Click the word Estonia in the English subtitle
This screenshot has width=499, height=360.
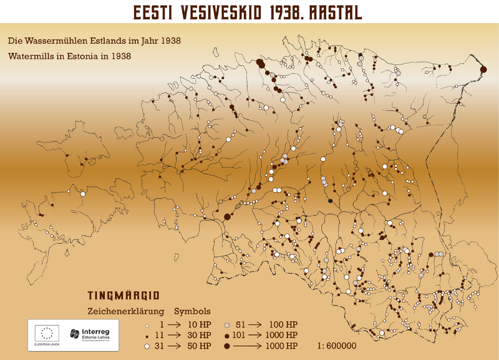tap(94, 56)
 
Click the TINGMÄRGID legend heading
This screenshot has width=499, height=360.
tap(124, 295)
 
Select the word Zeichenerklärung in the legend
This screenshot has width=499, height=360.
tap(124, 311)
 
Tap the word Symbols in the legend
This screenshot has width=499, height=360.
tap(192, 311)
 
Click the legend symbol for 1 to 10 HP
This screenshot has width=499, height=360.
tap(146, 326)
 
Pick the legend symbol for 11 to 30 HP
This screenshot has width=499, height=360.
tap(146, 336)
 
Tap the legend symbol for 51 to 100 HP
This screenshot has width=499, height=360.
tap(228, 326)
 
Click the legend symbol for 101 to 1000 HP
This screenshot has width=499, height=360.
tap(228, 336)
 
